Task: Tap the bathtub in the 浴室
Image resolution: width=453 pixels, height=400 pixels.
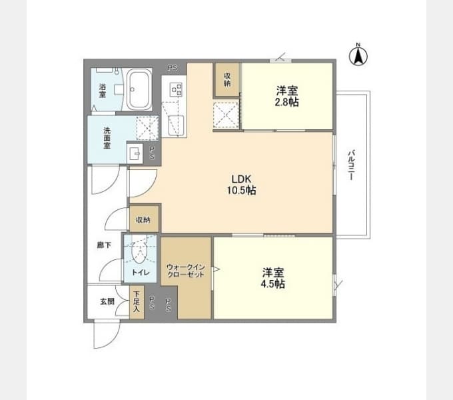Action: point(140,89)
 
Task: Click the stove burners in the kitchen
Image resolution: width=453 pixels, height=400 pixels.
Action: point(177,89)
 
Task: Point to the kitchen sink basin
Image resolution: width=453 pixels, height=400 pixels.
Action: point(176,125)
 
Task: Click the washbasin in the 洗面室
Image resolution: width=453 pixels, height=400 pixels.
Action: point(135,153)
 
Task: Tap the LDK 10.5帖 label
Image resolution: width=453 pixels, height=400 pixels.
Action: point(241,185)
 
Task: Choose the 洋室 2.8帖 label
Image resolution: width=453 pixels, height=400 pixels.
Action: point(286,96)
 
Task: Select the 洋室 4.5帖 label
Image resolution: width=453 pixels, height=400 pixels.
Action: point(273,278)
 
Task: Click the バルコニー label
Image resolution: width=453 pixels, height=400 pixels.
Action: point(351,165)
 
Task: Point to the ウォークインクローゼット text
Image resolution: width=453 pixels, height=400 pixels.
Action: point(186,271)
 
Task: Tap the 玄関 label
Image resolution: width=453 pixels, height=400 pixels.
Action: point(107,301)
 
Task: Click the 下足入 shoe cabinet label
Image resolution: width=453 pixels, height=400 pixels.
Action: point(137,301)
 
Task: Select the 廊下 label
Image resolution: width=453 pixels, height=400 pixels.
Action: point(104,245)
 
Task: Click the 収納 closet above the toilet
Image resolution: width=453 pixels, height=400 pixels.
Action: point(144,219)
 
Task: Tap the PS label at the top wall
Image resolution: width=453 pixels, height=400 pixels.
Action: point(173,68)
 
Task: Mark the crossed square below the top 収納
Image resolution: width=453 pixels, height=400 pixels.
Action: point(226,115)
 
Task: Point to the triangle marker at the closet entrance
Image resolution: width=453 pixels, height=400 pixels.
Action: point(216,269)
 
